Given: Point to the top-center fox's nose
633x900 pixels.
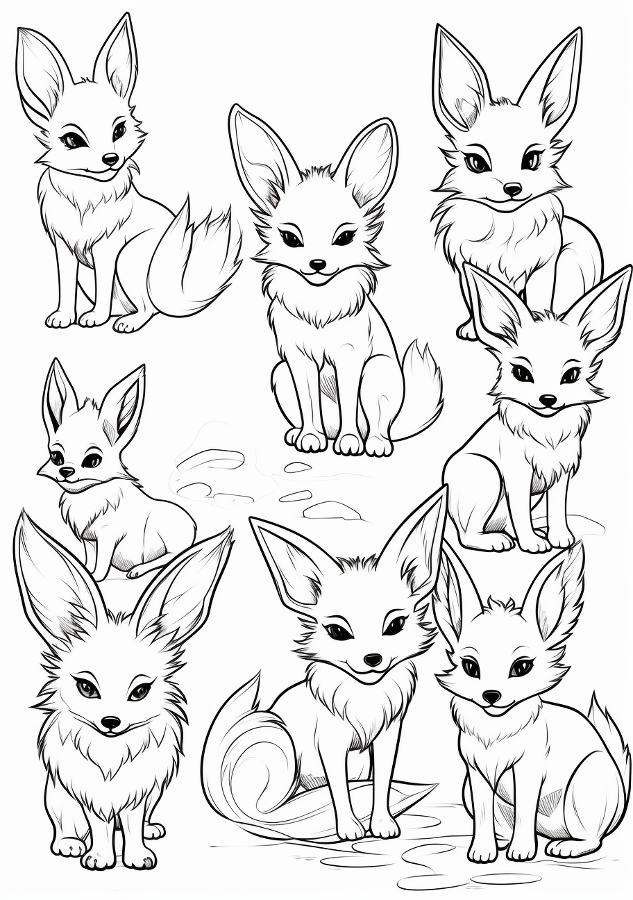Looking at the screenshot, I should coord(318,265).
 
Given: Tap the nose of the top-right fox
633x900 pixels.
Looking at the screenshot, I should coord(512,188).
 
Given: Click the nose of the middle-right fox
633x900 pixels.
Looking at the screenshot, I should coord(548,401).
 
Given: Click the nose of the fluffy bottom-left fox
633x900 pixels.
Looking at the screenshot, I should coord(110,723).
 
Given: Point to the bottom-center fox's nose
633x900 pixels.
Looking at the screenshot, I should coord(373,658).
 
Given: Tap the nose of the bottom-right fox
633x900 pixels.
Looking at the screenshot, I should coord(491,695).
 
